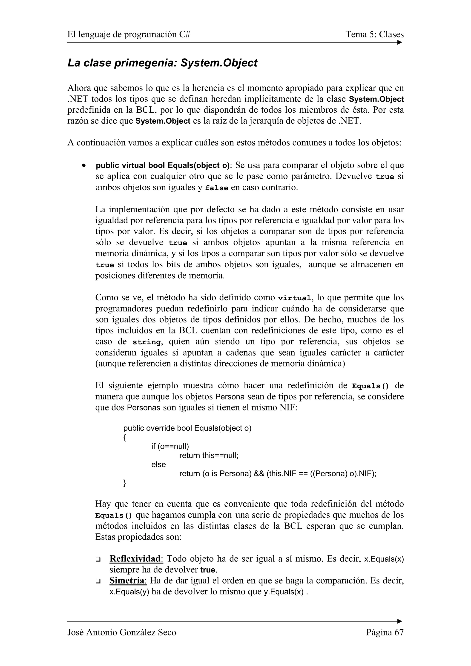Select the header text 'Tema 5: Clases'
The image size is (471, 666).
(x=374, y=34)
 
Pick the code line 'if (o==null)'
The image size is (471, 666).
(x=170, y=446)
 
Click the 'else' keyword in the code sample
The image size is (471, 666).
(x=158, y=464)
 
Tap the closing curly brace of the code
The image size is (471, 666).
(x=125, y=483)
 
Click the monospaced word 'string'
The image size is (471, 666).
(x=146, y=342)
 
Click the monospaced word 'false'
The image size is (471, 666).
(x=216, y=188)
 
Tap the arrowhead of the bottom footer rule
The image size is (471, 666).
(x=400, y=621)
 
